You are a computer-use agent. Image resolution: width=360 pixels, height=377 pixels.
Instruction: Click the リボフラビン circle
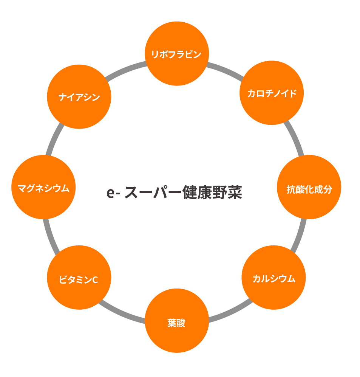click(177, 54)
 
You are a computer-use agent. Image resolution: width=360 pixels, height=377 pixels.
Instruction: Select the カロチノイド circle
click(272, 93)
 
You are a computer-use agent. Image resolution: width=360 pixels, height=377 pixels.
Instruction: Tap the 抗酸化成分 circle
click(309, 187)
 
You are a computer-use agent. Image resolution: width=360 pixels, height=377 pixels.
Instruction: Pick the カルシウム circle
click(273, 278)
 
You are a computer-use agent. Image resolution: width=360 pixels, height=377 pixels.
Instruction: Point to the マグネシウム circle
click(43, 187)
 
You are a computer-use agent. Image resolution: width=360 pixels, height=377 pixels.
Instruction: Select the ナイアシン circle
click(79, 97)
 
